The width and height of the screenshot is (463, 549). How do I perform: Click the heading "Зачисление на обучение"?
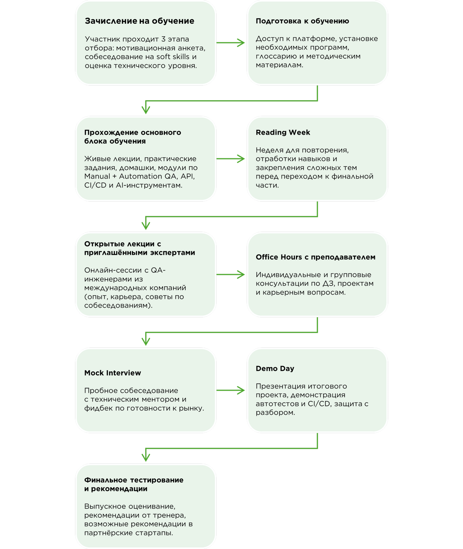139,21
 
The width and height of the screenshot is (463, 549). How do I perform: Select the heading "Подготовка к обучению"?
302,21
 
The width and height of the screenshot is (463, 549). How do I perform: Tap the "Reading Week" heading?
283,132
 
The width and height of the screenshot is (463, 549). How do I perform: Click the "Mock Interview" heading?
112,373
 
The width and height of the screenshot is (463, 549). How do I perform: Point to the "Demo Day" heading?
275,369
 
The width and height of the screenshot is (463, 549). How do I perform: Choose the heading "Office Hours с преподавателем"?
316,257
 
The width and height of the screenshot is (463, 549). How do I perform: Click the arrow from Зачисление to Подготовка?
231,43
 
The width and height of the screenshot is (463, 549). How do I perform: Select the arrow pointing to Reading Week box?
231,159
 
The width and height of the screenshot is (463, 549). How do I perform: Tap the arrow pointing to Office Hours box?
231,274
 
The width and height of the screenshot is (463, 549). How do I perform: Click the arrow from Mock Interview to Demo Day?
231,390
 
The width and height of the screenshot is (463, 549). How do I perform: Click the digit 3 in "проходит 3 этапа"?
163,39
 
